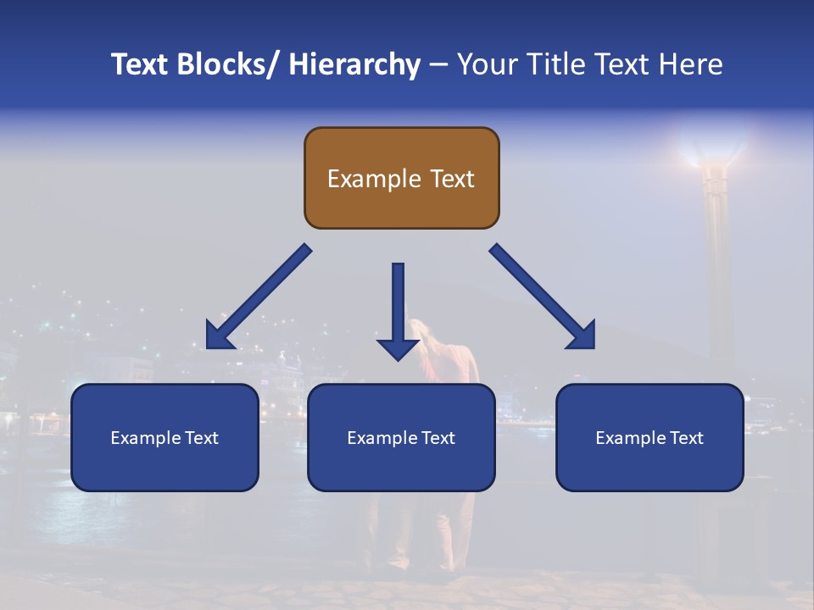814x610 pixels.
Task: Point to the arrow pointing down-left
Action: (259, 297)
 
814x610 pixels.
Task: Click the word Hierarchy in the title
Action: (354, 64)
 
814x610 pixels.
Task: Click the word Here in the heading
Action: (690, 64)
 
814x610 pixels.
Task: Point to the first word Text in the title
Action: (142, 64)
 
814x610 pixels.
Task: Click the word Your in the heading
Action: (488, 64)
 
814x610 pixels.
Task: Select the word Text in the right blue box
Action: (686, 438)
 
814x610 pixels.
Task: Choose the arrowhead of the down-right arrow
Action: (583, 337)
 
